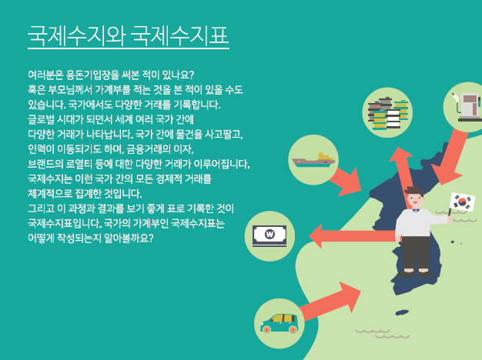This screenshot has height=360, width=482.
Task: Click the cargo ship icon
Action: click(313, 160)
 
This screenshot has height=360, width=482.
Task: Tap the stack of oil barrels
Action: click(387, 113)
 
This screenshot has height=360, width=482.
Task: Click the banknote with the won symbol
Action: click(269, 236)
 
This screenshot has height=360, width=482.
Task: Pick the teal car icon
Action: click(279, 323)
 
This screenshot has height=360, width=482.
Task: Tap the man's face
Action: click(415, 200)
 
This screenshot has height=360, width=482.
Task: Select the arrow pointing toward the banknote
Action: click(353, 236)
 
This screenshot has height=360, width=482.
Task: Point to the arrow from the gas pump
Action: click(450, 157)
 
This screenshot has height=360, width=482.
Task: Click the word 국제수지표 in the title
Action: click(180, 35)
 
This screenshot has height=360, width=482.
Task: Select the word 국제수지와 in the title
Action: click(77, 35)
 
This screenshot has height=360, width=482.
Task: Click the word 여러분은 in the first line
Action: click(45, 75)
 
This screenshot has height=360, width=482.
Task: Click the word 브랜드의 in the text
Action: click(45, 164)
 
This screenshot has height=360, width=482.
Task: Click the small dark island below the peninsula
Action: click(402, 313)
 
